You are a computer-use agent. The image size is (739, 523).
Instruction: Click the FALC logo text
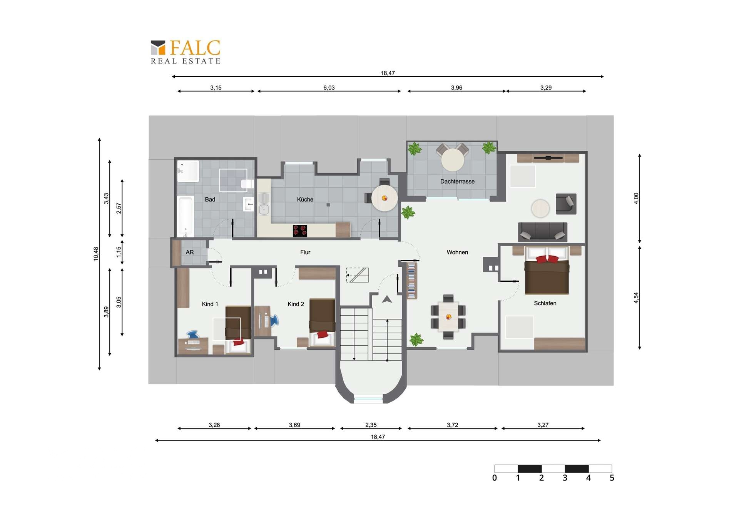point(195,48)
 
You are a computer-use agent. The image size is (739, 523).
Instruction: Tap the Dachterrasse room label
point(457,182)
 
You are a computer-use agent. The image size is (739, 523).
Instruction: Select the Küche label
point(305,200)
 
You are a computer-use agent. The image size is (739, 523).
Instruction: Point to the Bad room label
point(210,200)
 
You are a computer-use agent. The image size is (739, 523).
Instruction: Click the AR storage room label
point(190,252)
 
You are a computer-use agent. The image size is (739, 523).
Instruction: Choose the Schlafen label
point(545,303)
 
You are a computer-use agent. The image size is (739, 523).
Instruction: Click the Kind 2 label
point(296,304)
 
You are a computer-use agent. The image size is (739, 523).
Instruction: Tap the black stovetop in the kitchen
point(300,230)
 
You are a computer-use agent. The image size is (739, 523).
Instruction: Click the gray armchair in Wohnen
point(566,204)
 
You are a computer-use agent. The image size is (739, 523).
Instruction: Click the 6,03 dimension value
point(329,88)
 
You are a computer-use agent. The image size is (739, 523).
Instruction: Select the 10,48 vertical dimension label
point(96,254)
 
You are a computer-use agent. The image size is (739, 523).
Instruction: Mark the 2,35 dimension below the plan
point(371,425)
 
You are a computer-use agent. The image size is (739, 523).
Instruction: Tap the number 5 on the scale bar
point(612,478)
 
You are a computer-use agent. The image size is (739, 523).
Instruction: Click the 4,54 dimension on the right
point(636,298)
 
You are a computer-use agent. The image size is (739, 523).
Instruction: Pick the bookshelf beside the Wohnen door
point(411,280)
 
